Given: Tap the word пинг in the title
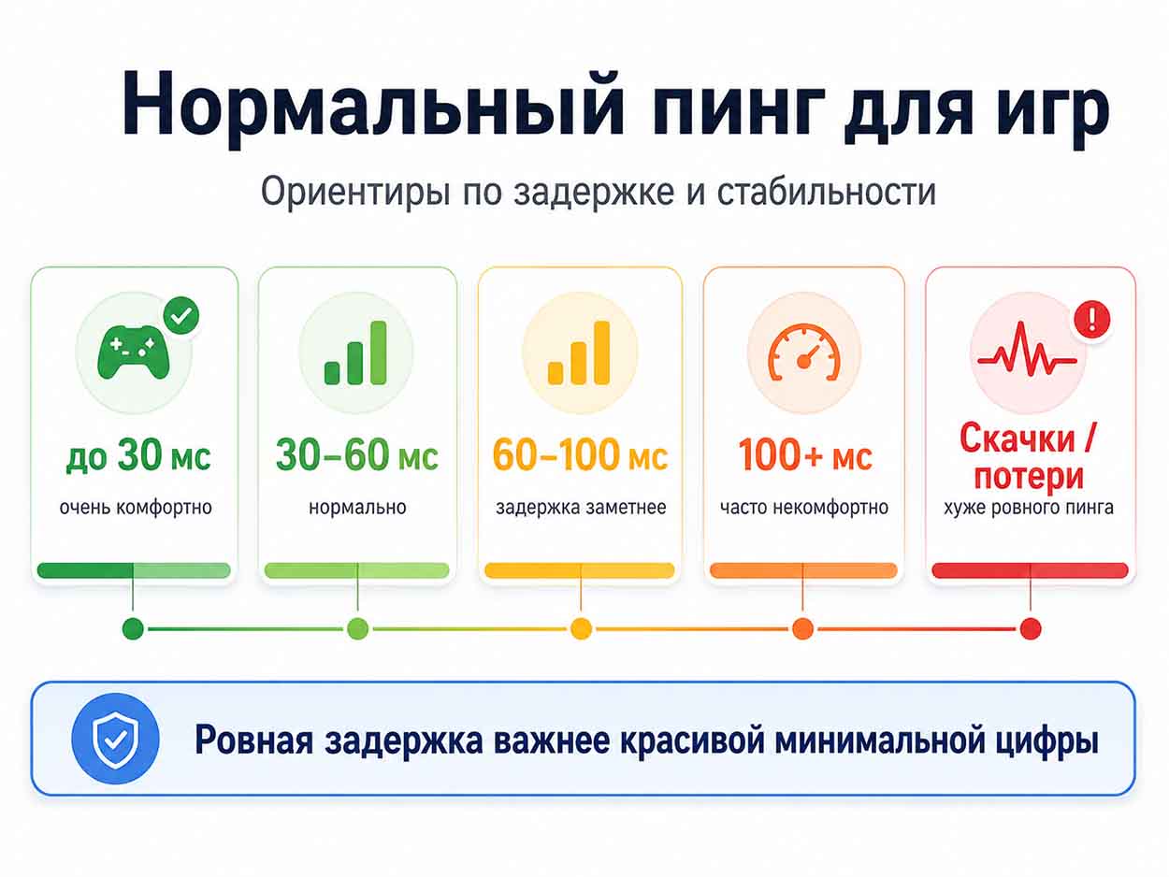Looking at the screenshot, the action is point(738,112).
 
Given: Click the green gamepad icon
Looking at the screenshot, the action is point(134,352).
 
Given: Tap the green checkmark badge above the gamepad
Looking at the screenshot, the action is point(181,315).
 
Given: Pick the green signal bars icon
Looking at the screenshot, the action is point(355,352).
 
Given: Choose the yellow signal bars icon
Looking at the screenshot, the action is point(579,352).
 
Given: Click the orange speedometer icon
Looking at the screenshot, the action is point(803,352).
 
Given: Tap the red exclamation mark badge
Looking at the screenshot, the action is point(1092,320).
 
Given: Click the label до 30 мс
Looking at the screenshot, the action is point(138,456).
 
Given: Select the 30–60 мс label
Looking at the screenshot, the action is point(357,454).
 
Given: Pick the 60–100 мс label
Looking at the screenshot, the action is point(580,454).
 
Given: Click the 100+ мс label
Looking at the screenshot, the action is point(804,454).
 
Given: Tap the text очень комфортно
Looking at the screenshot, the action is point(136,508).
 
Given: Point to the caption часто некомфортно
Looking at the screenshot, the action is point(804,508).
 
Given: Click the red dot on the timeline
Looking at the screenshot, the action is point(1031,629).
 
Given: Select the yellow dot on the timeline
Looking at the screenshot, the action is point(581,629).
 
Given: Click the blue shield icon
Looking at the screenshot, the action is point(116,739).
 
